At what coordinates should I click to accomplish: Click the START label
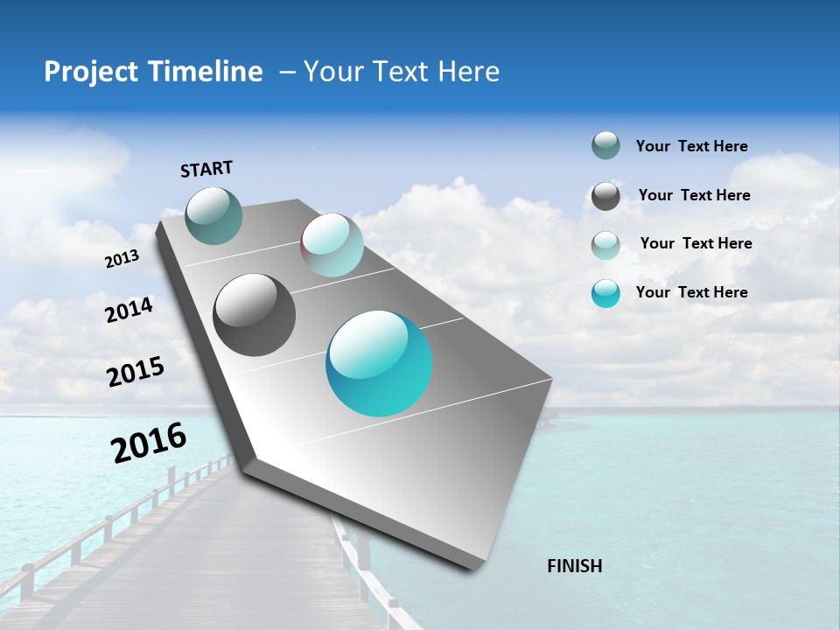pos(206,169)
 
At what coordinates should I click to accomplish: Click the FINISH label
pos(574,566)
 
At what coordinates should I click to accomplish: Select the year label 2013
pos(122,258)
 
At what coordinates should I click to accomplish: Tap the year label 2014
pos(129,310)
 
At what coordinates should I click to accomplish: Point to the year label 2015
pos(136,372)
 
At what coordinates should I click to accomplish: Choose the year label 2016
pos(149,442)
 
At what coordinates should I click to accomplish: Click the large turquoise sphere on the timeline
pos(379,363)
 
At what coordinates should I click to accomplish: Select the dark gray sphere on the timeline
pos(254,315)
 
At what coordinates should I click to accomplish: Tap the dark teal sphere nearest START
pos(213,215)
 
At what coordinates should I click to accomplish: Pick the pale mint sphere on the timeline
pos(332,245)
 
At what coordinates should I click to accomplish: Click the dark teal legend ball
pos(605,145)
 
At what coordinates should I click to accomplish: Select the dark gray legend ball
pos(605,196)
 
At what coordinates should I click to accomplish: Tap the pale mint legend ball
pos(605,245)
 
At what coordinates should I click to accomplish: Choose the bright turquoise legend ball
pos(605,293)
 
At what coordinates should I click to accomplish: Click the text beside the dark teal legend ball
pos(691,146)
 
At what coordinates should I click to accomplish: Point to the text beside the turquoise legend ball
pos(691,292)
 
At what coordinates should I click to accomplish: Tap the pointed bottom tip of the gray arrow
pos(473,567)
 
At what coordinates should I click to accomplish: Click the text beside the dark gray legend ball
pos(694,195)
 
